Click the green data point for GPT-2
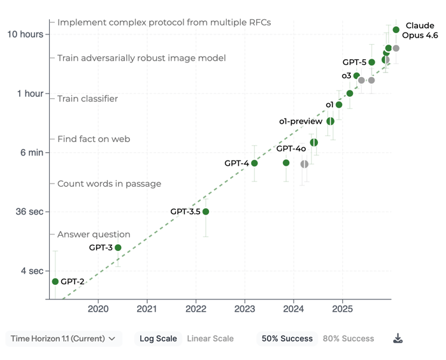[x=55, y=282]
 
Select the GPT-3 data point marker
[x=118, y=247]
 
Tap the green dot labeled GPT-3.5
[x=205, y=212]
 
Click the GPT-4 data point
[x=254, y=163]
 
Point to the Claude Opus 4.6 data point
[x=396, y=29]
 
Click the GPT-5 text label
[x=354, y=62]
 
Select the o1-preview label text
[x=301, y=121]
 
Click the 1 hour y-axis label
[x=30, y=94]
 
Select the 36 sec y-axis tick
[x=30, y=212]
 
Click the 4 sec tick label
[x=32, y=271]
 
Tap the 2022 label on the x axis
[x=196, y=310]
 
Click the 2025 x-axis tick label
[x=343, y=310]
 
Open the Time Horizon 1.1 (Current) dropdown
[x=63, y=339]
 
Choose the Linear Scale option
[x=210, y=339]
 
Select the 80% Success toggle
[x=349, y=339]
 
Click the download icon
[x=398, y=339]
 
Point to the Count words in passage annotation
[x=109, y=184]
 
